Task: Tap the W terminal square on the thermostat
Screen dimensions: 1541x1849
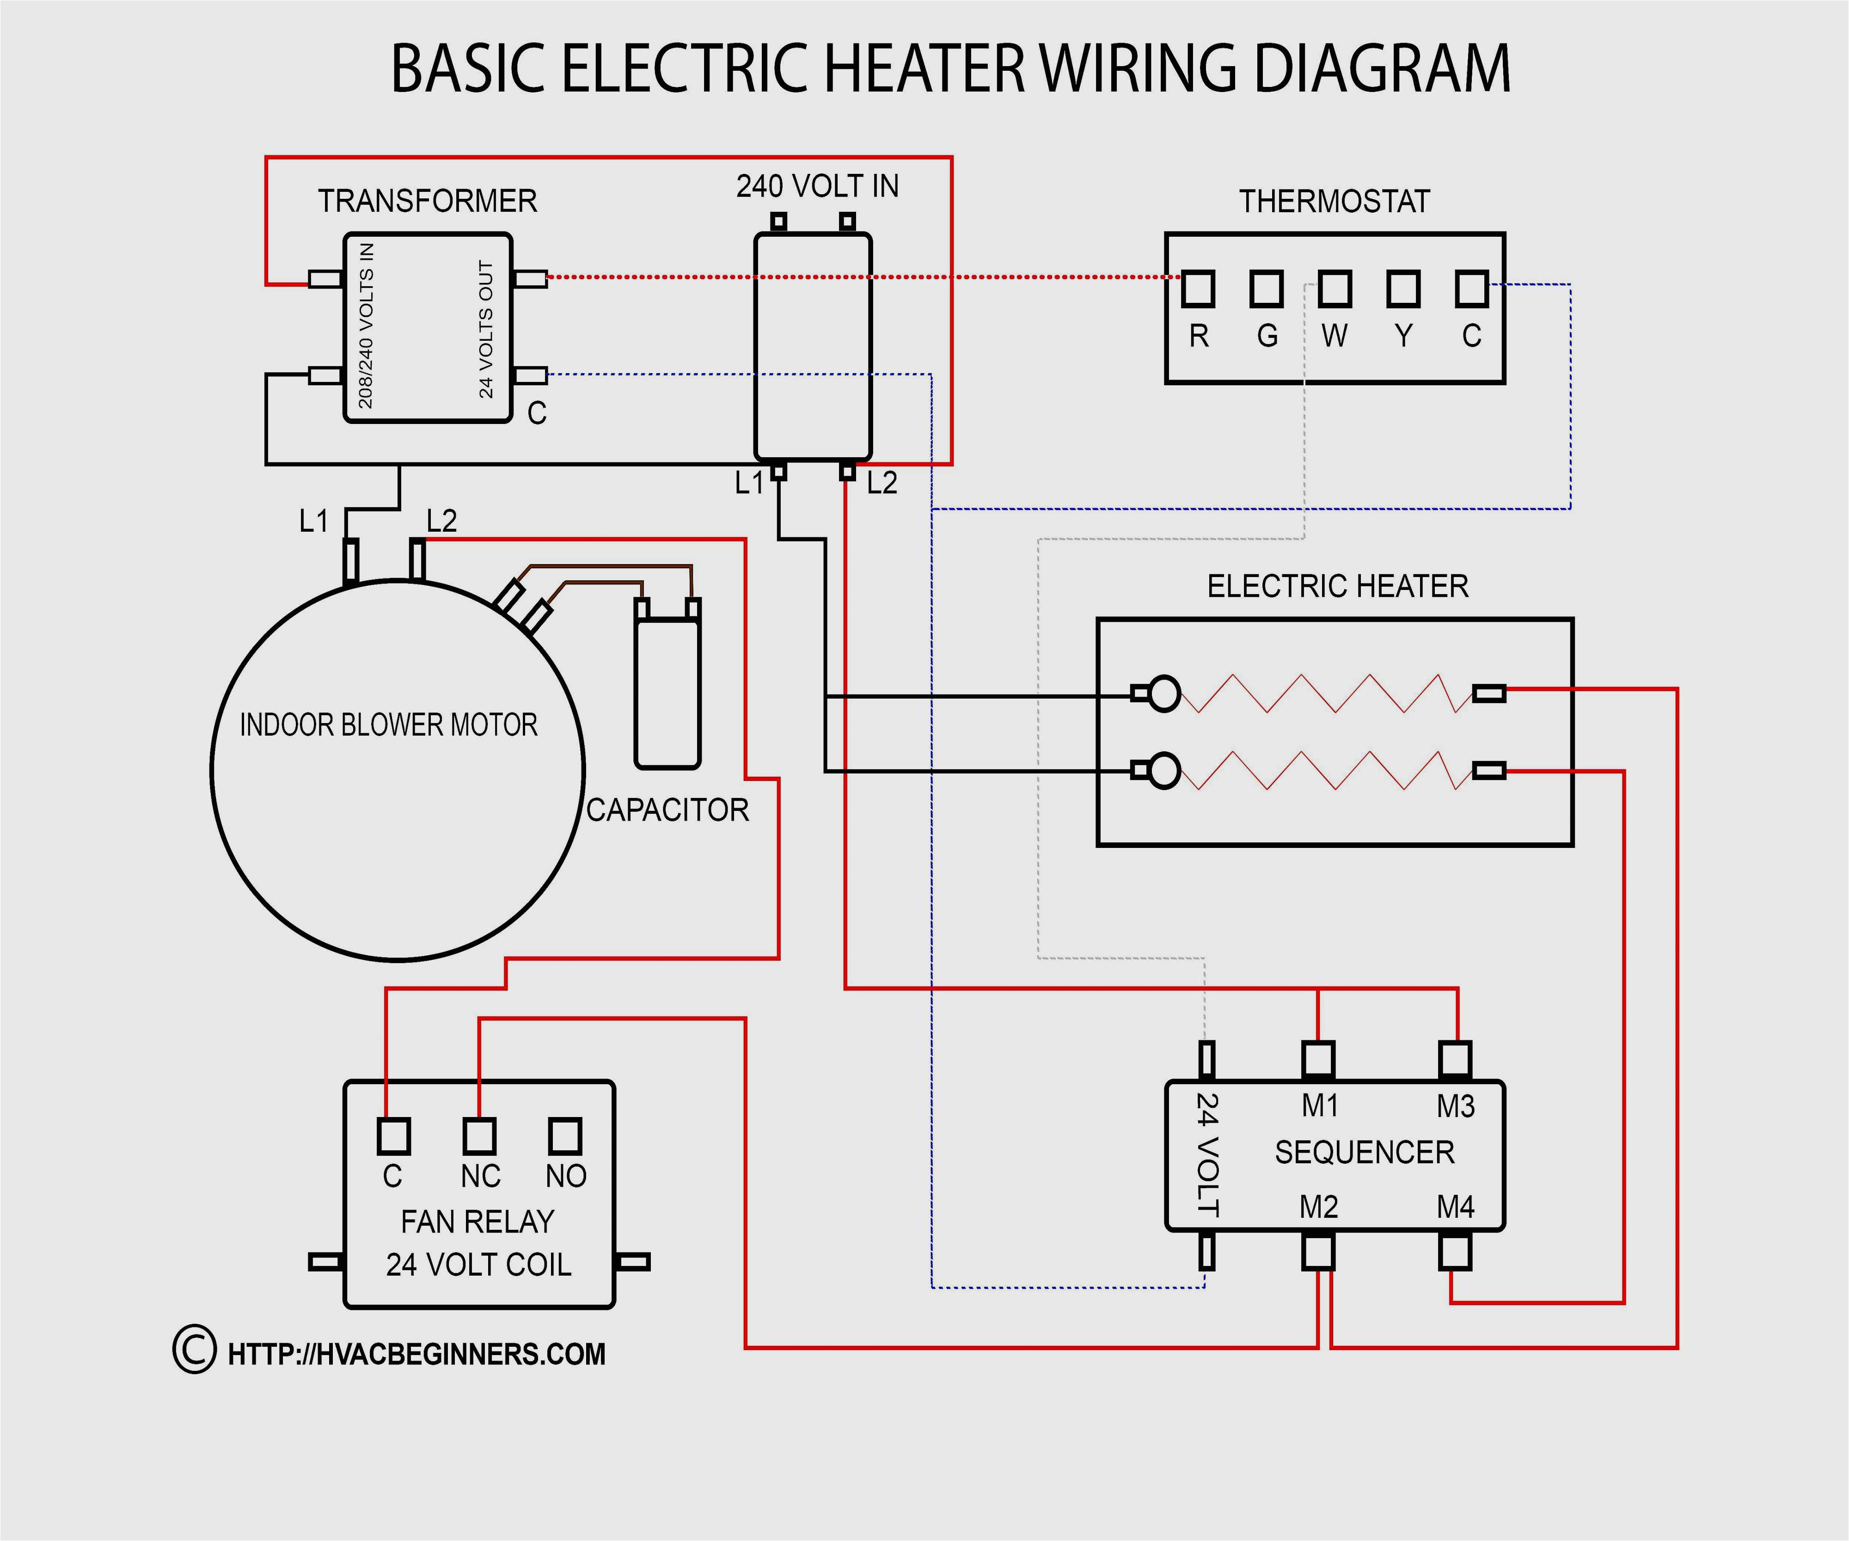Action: click(1335, 289)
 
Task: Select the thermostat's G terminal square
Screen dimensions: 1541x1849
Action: click(1266, 289)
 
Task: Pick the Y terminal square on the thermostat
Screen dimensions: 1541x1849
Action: click(1403, 289)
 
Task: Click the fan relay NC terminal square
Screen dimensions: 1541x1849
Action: click(479, 1136)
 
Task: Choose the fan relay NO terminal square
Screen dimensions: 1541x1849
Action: click(565, 1136)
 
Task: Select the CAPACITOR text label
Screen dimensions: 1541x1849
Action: click(667, 810)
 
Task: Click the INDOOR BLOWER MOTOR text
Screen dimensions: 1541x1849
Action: click(388, 725)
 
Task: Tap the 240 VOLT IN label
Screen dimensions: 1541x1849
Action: click(817, 187)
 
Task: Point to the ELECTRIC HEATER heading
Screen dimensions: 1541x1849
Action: click(1337, 586)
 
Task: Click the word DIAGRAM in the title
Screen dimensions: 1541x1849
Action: click(1382, 69)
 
